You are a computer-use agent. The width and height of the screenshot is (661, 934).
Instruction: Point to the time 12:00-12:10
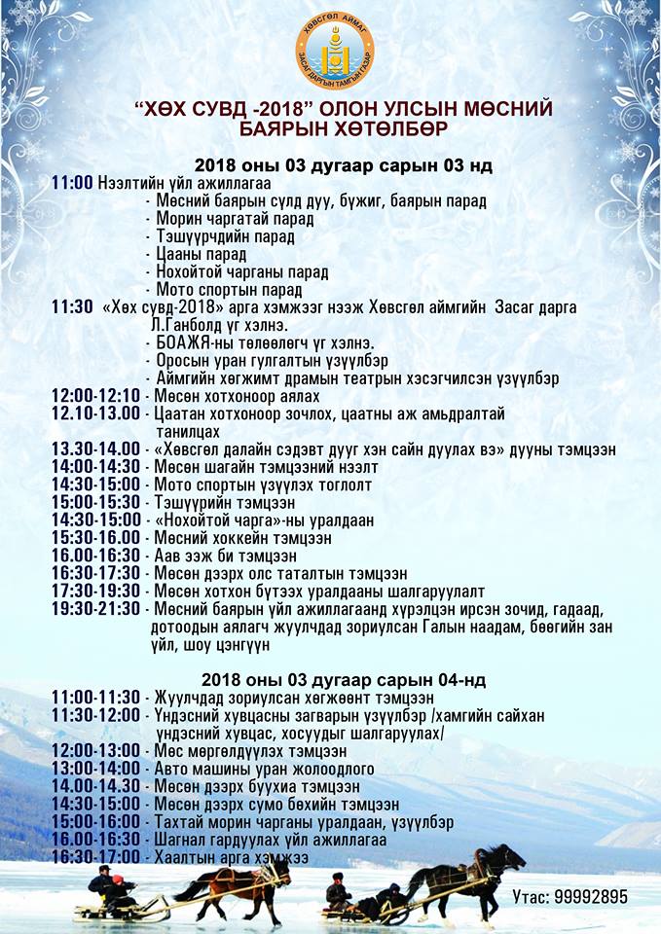[x=96, y=396]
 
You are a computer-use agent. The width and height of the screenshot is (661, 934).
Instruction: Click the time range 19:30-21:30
[x=96, y=609]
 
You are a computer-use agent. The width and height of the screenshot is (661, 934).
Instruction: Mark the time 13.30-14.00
[x=96, y=449]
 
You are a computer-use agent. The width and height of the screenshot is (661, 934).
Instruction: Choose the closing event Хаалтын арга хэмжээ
[x=232, y=857]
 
